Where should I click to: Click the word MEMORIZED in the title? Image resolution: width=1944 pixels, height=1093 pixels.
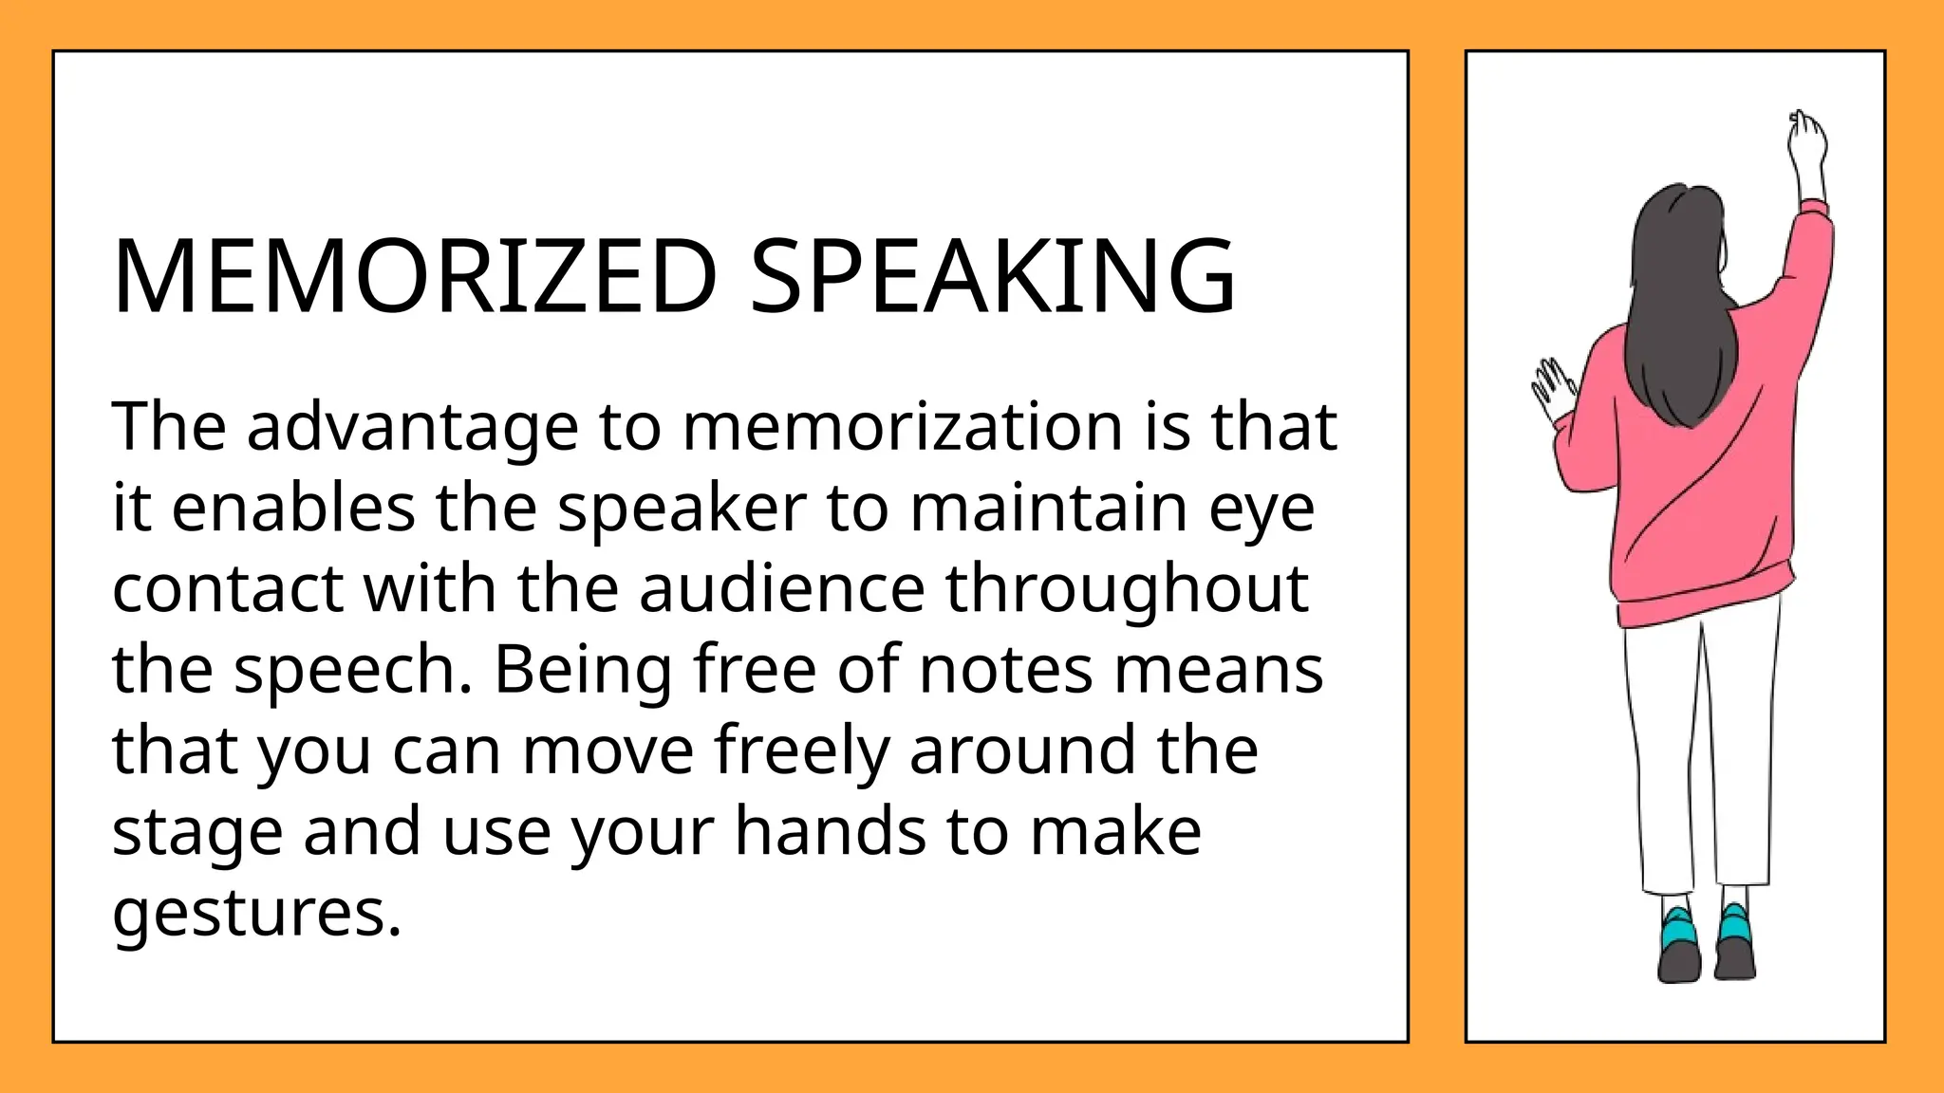(x=414, y=276)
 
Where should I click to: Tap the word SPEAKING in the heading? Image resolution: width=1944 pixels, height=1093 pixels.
(x=993, y=276)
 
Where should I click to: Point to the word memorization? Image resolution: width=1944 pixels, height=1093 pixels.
(x=902, y=427)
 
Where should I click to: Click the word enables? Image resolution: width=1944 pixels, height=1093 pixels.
(x=293, y=508)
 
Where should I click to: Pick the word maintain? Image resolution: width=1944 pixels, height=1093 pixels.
(x=1049, y=508)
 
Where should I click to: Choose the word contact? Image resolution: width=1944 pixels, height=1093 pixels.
(x=228, y=589)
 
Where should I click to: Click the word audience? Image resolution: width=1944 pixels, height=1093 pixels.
(x=781, y=589)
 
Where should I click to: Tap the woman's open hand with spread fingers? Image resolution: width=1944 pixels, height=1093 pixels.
(x=1551, y=387)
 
